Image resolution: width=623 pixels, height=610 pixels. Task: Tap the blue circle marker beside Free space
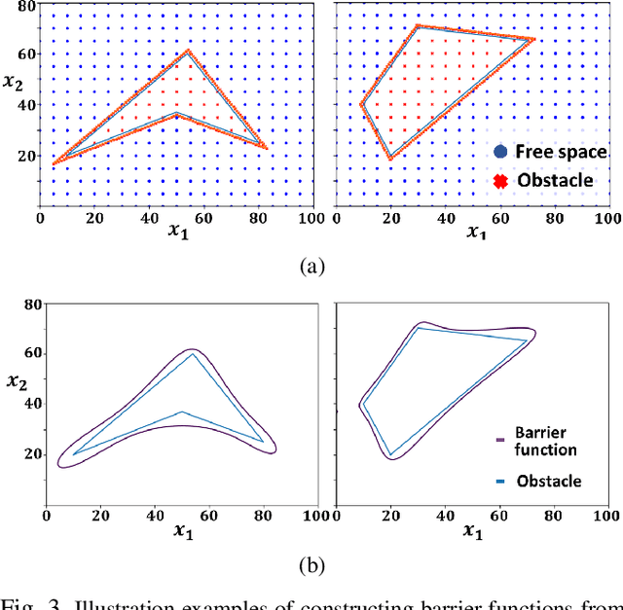tap(500, 152)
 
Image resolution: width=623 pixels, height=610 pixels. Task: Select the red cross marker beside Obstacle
tap(500, 182)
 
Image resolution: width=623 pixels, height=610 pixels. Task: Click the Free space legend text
tap(561, 152)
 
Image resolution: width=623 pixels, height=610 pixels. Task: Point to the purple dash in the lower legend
tap(500, 439)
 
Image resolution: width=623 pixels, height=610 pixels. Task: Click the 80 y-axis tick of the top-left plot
tap(27, 7)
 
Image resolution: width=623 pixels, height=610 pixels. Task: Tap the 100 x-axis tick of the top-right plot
tap(610, 217)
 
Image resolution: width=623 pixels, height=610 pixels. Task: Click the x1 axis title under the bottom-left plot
tap(183, 531)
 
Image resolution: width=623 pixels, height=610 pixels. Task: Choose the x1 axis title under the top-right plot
tap(474, 233)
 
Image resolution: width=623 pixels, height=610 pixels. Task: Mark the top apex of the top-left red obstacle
tap(188, 51)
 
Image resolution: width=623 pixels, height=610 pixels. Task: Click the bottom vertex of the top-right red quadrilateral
tap(390, 159)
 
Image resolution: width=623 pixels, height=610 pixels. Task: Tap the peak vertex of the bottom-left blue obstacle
tap(193, 353)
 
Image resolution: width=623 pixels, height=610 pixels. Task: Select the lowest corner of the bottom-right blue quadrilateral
tap(390, 454)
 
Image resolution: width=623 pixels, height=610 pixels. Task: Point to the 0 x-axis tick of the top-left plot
tap(39, 217)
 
